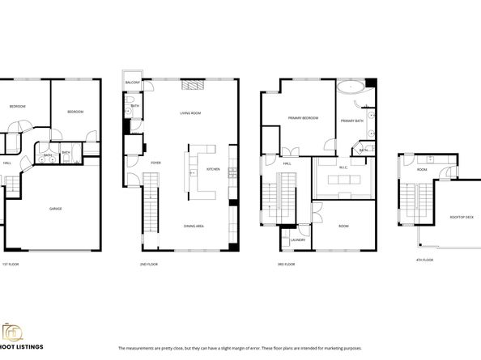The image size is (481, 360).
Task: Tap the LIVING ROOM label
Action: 189,113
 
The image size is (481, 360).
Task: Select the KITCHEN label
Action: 213,169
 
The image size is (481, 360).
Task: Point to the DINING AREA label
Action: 194,226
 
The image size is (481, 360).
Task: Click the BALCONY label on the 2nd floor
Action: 133,83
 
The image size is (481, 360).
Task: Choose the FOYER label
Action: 155,163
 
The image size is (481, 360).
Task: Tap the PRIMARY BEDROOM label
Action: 303,118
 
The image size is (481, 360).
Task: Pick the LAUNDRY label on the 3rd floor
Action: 296,239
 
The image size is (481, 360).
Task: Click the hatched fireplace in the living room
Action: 190,84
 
